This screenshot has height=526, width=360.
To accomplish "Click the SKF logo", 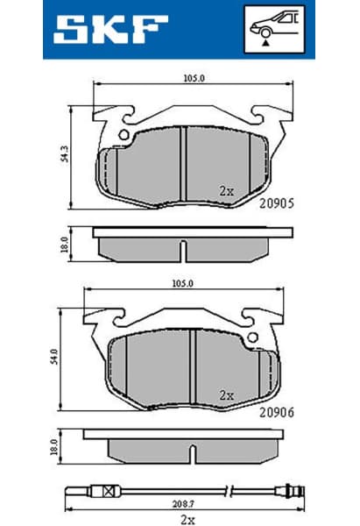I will [109, 29].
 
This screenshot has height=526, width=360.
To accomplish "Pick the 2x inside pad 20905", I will [226, 189].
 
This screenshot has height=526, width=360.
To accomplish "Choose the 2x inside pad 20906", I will [226, 394].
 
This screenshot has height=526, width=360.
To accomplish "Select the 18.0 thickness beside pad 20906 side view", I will [53, 447].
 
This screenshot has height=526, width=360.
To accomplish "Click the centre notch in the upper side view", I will [180, 251].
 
